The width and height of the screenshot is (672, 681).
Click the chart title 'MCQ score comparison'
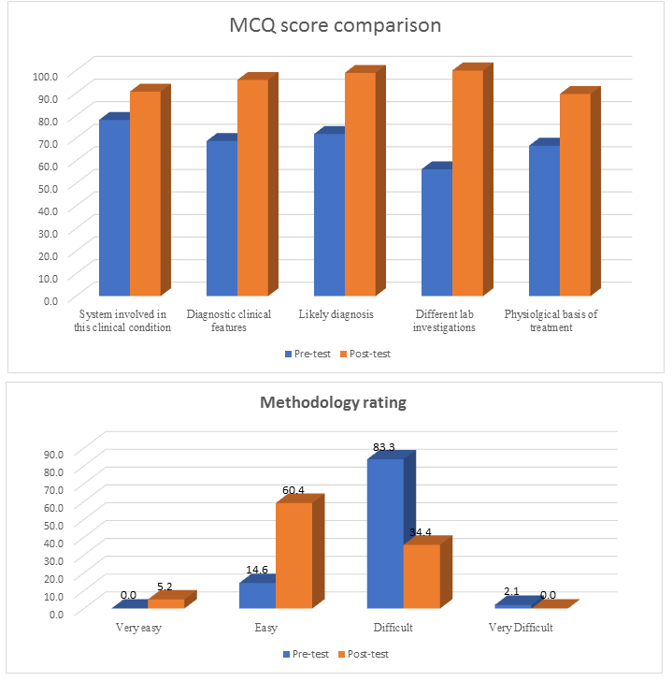pyautogui.click(x=336, y=25)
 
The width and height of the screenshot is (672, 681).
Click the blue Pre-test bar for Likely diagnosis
pyautogui.click(x=329, y=215)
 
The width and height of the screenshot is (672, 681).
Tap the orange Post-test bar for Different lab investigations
pyautogui.click(x=467, y=184)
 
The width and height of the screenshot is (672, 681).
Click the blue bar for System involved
pyautogui.click(x=114, y=208)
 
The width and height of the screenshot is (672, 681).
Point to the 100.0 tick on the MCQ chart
pyautogui.click(x=45, y=75)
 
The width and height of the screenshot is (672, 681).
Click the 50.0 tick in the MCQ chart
pyautogui.click(x=45, y=187)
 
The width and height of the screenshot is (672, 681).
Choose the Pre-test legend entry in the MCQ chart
pyautogui.click(x=305, y=354)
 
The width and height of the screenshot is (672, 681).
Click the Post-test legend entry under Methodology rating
pyautogui.click(x=362, y=654)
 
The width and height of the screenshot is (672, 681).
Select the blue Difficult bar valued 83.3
pyautogui.click(x=385, y=534)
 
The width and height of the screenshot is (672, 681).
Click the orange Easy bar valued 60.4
pyautogui.click(x=293, y=556)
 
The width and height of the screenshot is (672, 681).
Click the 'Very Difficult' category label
pyautogui.click(x=521, y=628)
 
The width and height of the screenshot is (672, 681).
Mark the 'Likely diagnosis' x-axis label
pyautogui.click(x=336, y=315)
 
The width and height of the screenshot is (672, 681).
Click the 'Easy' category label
pyautogui.click(x=265, y=628)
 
